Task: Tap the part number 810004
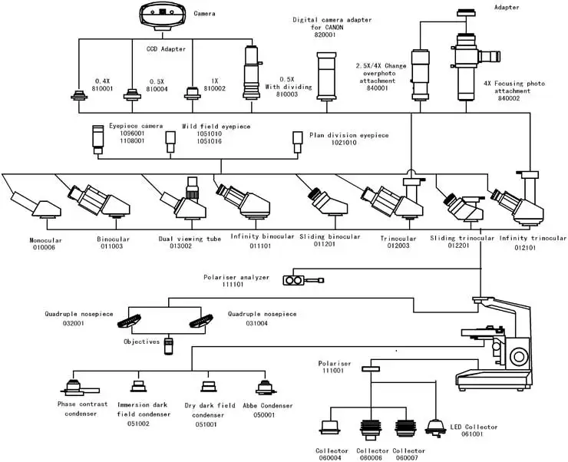tap(157, 89)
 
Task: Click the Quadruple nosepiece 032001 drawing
tap(145, 320)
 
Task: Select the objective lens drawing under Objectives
tap(168, 345)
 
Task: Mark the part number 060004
tap(332, 458)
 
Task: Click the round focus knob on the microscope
tap(520, 358)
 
